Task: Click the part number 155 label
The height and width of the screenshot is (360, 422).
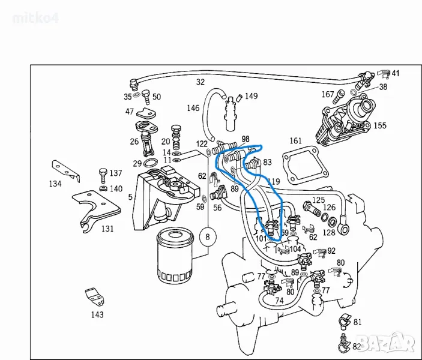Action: tap(380, 126)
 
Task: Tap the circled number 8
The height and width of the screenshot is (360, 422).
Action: tap(208, 236)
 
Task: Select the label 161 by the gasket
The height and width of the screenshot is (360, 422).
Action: tap(295, 141)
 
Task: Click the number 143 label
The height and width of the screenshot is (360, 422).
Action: tap(97, 314)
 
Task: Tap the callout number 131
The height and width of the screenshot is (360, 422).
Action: tap(107, 229)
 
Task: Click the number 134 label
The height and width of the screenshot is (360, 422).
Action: tap(55, 184)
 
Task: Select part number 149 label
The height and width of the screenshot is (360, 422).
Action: tap(251, 96)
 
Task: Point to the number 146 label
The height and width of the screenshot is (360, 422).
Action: tap(193, 109)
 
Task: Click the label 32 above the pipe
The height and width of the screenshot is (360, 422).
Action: tap(200, 82)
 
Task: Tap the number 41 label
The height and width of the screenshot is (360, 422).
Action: tap(395, 74)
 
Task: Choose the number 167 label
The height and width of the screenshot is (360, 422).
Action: tap(327, 94)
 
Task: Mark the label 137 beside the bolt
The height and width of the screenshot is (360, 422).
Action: tap(115, 173)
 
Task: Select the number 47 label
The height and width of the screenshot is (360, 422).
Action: tap(130, 111)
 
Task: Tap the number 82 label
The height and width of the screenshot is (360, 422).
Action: tap(357, 346)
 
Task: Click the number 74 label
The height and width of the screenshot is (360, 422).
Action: tap(279, 301)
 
